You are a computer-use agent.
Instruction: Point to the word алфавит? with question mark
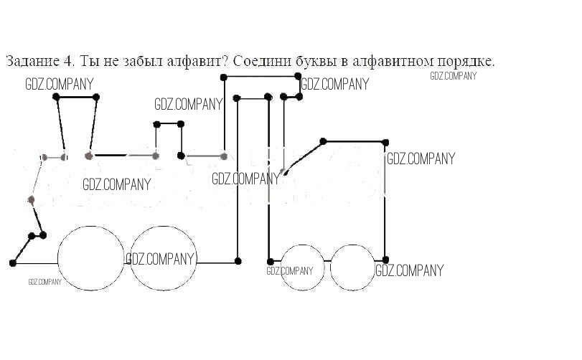198,61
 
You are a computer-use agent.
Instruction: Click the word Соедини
258,61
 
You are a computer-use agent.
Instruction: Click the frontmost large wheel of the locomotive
91,258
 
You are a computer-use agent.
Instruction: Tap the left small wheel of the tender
301,267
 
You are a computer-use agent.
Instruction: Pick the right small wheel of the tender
353,267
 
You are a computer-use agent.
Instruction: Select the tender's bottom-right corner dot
385,261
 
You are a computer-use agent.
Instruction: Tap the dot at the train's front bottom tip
13,263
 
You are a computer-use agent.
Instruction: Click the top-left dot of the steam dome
156,125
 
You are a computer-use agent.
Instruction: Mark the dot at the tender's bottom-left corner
271,261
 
